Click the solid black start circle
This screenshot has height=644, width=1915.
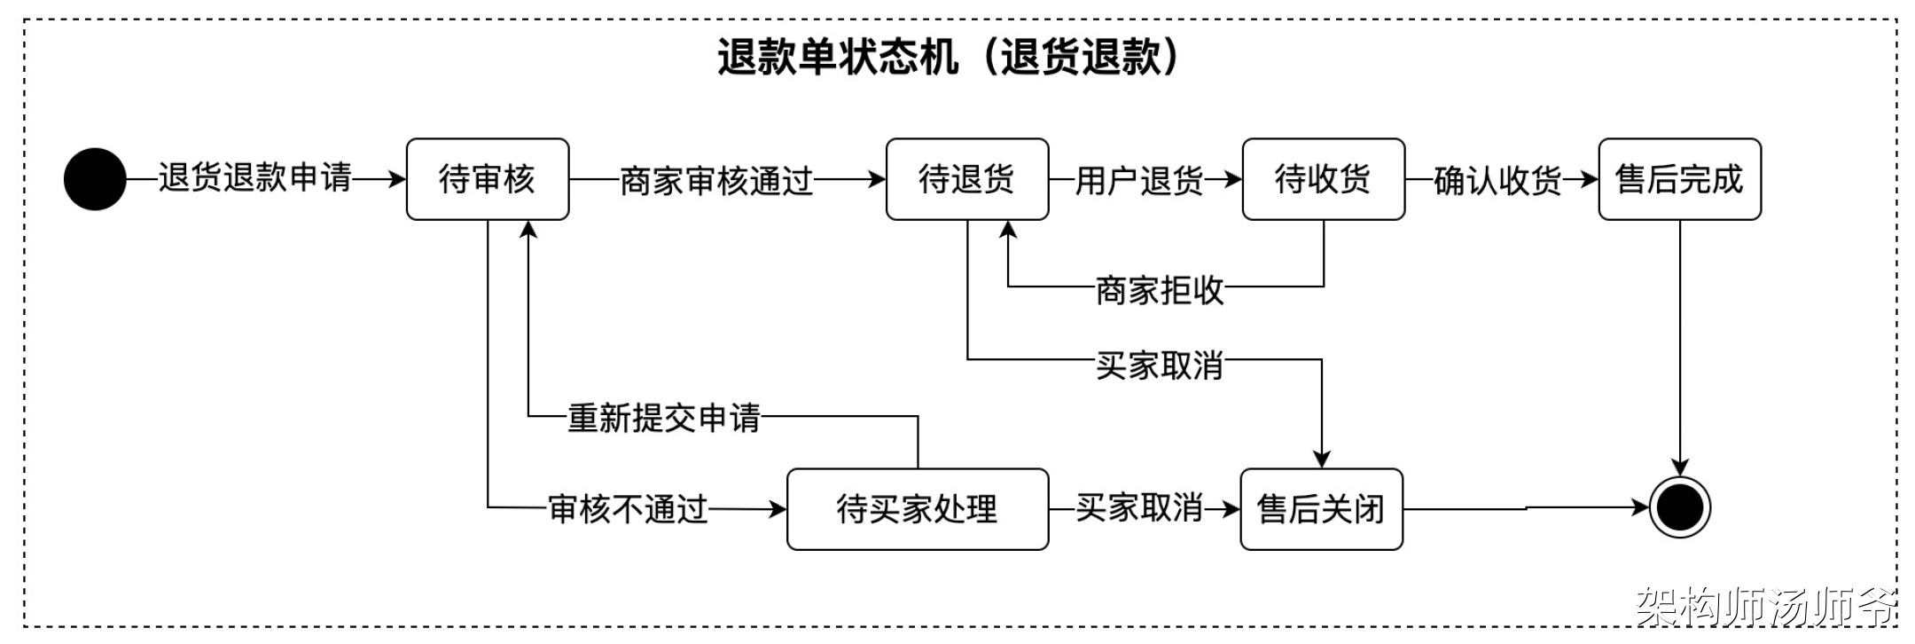(x=95, y=179)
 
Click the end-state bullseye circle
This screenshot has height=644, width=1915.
(x=1679, y=508)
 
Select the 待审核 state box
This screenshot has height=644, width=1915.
(x=487, y=179)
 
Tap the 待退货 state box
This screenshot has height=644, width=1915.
(x=966, y=179)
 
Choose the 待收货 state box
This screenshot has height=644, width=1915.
(x=1323, y=179)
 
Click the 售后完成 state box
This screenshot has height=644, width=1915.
(x=1679, y=179)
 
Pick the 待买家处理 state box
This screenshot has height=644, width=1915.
(x=917, y=509)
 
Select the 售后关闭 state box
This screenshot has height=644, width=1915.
(x=1321, y=509)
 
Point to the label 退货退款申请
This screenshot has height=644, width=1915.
(x=255, y=177)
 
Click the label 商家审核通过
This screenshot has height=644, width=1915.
(x=716, y=181)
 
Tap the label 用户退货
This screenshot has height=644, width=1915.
(x=1138, y=181)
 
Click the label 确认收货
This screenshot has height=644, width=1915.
(x=1497, y=181)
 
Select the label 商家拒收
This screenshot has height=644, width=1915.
(x=1160, y=290)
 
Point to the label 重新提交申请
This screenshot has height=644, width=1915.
(x=664, y=418)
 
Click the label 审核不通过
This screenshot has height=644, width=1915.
(x=628, y=509)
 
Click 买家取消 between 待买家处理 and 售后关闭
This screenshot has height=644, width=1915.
(x=1139, y=508)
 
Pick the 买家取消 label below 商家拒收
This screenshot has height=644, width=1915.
(x=1160, y=365)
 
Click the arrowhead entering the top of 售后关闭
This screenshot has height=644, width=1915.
(x=1321, y=459)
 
